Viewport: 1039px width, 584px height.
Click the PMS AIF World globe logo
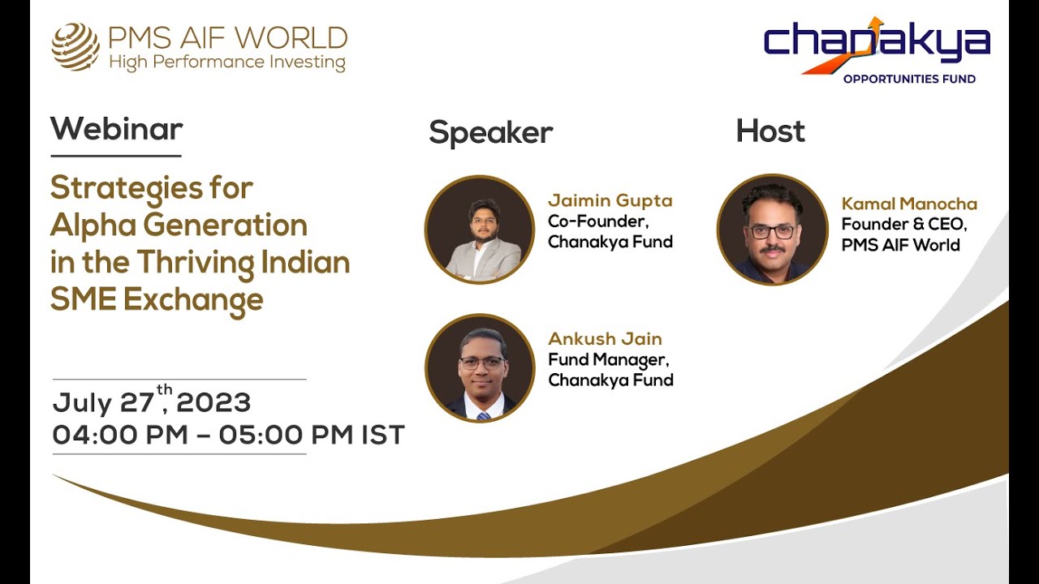tap(75, 47)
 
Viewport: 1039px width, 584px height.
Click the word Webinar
tap(116, 129)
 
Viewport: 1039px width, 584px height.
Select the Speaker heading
tap(490, 132)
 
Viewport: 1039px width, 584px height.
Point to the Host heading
tap(770, 131)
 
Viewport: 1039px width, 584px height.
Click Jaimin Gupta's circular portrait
tap(480, 230)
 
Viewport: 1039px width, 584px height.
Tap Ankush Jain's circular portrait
tap(480, 368)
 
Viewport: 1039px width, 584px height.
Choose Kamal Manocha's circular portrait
tap(772, 230)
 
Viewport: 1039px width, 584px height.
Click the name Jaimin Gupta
tap(610, 200)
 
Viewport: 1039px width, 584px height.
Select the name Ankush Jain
tap(605, 339)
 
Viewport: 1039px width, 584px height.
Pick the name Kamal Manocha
tap(909, 204)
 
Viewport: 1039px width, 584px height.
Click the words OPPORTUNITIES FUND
tap(909, 79)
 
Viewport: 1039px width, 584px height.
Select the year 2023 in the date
tap(213, 403)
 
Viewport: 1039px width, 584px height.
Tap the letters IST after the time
tap(382, 435)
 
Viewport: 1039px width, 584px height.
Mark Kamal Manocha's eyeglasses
tap(772, 232)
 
